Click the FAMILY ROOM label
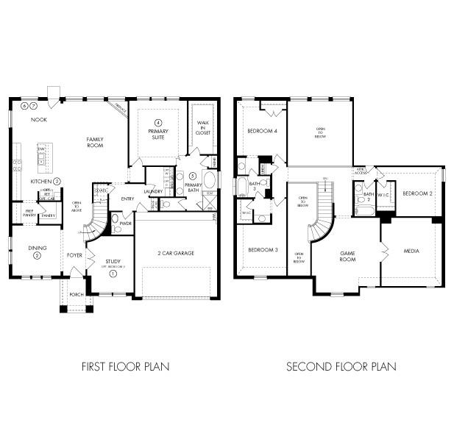point(95,142)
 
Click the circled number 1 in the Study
point(113,274)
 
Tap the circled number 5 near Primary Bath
point(193,176)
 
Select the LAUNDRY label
point(153,192)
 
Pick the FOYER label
point(75,255)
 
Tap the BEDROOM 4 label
point(262,131)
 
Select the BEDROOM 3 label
point(263,250)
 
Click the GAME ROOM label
point(347,255)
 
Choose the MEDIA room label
point(412,251)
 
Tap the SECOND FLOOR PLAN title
point(341,365)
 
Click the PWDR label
point(125,223)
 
